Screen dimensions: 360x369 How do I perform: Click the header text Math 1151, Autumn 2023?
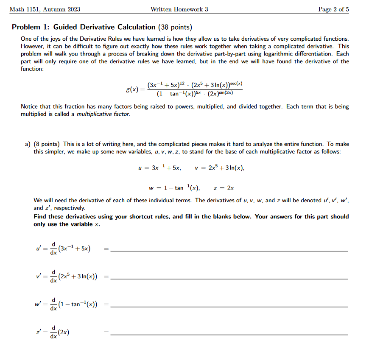pos(45,9)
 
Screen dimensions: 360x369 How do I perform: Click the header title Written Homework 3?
pos(179,9)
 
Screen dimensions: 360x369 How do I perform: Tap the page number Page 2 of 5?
pos(333,9)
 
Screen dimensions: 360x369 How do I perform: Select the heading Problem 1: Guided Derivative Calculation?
pos(84,27)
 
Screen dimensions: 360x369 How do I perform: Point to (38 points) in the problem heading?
pos(175,27)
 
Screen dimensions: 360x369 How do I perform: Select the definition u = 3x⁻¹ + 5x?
pos(160,168)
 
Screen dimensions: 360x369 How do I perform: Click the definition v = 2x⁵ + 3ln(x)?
pos(219,168)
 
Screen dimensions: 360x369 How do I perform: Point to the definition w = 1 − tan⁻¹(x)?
pos(174,188)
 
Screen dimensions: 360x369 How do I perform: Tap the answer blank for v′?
pos(229,278)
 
